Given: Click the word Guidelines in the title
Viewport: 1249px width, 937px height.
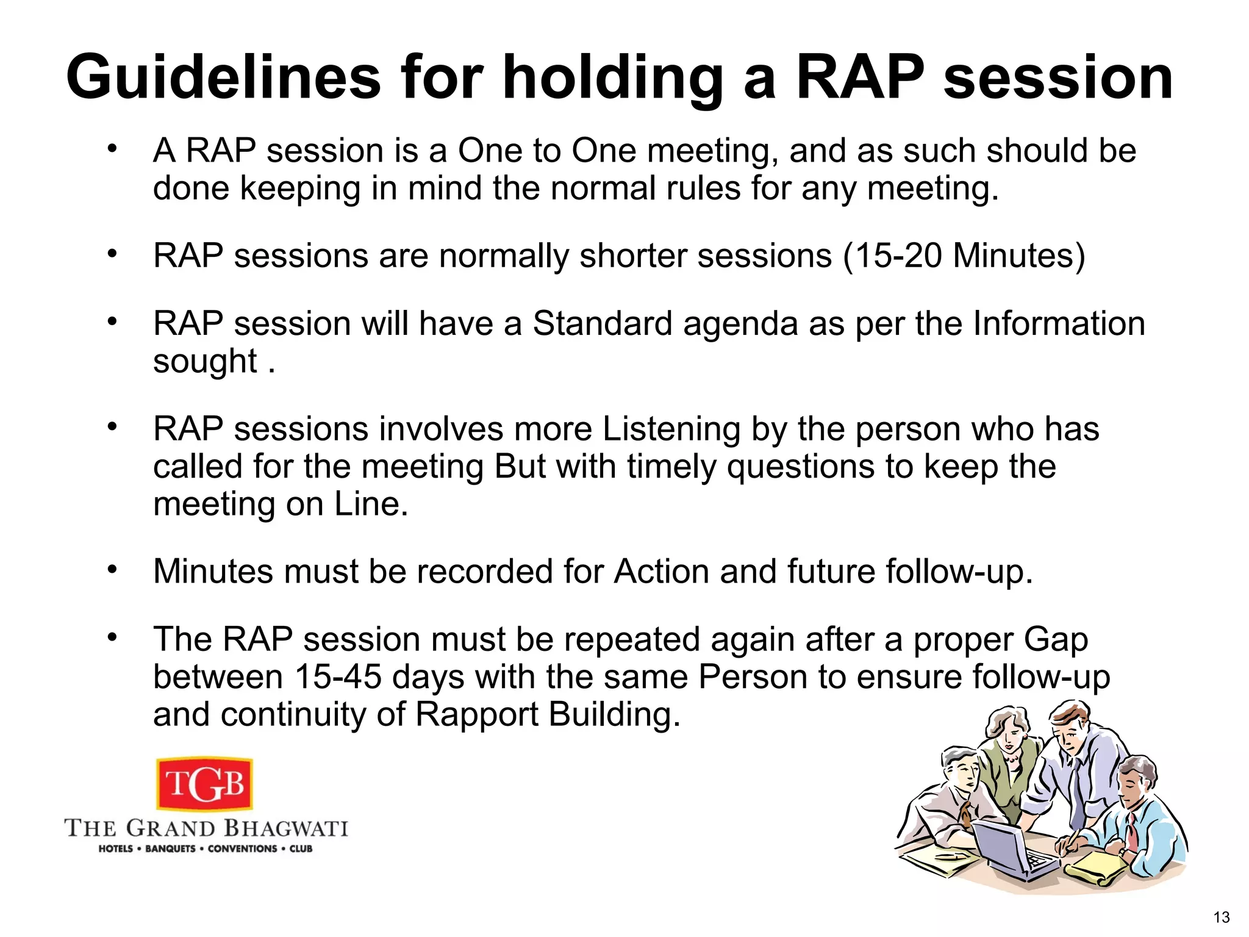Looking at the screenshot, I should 223,77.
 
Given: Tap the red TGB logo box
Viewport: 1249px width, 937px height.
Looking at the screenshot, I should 205,784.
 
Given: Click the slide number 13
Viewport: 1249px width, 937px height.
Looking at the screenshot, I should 1221,917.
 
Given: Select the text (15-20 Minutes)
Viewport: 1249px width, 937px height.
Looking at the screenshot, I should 964,255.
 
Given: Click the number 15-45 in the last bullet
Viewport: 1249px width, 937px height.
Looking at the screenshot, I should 338,677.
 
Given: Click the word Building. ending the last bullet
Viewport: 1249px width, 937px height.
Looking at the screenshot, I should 614,714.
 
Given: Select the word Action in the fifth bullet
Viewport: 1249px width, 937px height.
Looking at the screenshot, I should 661,572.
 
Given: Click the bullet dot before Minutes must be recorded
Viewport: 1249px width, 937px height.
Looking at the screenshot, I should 112,570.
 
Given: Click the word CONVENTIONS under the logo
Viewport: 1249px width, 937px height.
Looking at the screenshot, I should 242,849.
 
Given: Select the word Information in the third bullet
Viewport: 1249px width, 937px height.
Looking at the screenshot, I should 1059,323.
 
